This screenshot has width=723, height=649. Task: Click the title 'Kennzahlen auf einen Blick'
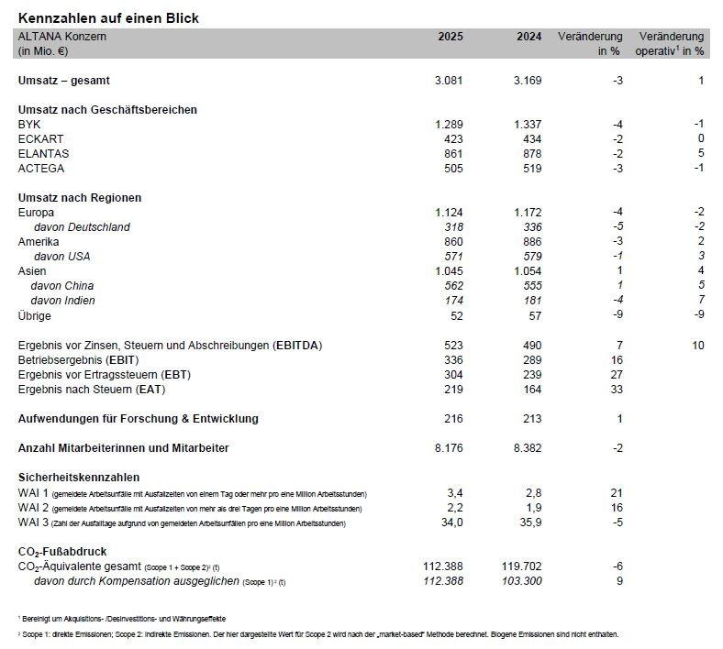click(108, 18)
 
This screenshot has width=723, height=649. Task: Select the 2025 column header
click(450, 37)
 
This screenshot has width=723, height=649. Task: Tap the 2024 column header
click(528, 37)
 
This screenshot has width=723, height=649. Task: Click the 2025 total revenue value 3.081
click(449, 81)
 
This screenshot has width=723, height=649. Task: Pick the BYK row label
click(29, 124)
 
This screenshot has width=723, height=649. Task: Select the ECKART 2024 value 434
click(530, 138)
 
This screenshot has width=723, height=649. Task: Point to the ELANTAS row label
click(44, 153)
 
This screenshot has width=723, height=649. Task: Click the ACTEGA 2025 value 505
click(452, 168)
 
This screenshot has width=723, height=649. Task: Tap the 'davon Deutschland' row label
click(82, 227)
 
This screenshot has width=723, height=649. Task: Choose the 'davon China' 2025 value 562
click(452, 286)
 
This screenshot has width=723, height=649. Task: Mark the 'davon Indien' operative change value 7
click(700, 301)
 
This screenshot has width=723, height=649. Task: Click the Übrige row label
click(35, 315)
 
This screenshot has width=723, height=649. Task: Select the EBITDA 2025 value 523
click(452, 346)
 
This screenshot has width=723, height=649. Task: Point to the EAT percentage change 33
click(617, 390)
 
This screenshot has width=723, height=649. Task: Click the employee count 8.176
click(449, 448)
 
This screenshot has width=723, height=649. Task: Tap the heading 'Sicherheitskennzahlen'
click(79, 478)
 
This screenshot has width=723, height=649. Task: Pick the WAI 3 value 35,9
click(528, 522)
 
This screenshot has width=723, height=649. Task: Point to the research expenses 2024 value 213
click(530, 419)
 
